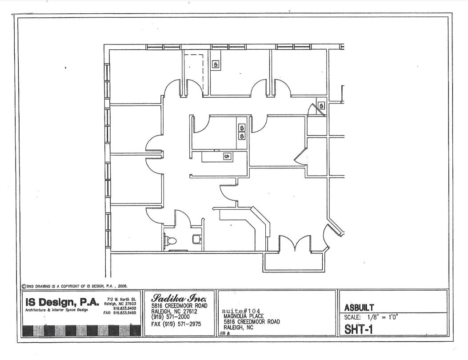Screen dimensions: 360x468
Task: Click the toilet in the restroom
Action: click(171, 240)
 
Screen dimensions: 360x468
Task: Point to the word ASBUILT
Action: click(359, 308)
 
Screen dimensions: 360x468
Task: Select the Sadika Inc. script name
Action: click(179, 298)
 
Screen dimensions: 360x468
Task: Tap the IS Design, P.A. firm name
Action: click(62, 302)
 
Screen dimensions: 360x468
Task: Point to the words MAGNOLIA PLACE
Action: click(244, 316)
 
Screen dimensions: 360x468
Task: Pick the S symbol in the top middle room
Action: click(216, 64)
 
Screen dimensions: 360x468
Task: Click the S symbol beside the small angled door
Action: click(321, 106)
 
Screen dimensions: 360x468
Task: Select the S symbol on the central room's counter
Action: click(227, 156)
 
